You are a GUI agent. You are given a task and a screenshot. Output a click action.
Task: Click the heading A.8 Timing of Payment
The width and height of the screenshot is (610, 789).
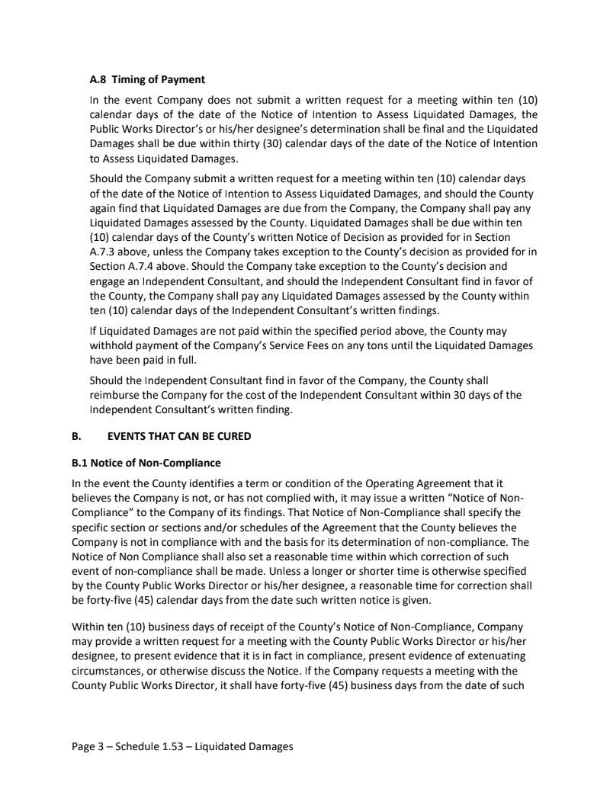pos(147,79)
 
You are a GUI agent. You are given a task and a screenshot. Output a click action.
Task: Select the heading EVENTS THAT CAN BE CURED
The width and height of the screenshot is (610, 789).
pos(180,436)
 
